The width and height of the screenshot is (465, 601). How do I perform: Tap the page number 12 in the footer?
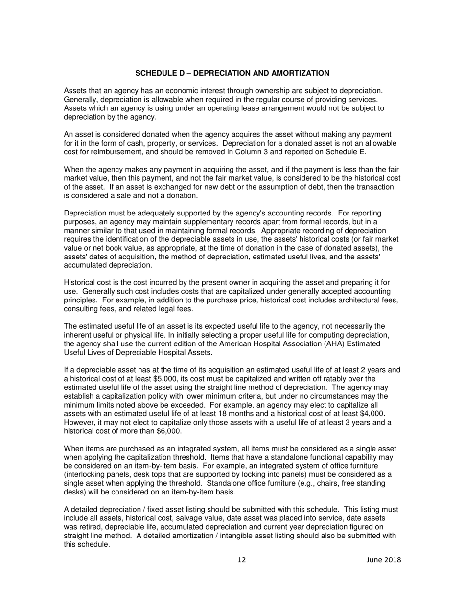tap(241, 560)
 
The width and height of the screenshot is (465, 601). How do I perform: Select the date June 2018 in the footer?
tap(384, 560)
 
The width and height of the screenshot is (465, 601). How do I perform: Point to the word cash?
tap(140, 143)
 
